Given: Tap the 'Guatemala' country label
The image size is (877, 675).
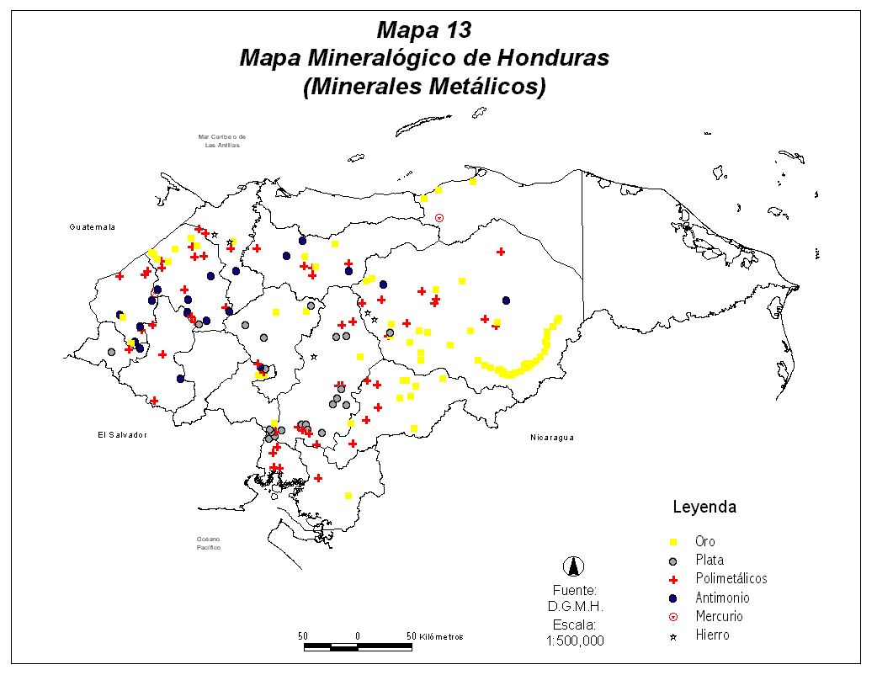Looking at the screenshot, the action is coord(92,227).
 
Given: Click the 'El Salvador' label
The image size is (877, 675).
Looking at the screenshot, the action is coord(118,435).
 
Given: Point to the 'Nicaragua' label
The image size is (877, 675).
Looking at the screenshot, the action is coord(552,438).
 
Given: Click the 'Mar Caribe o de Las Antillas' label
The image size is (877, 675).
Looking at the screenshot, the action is coord(222,141).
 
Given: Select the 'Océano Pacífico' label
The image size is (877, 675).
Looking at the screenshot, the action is coord(208,543).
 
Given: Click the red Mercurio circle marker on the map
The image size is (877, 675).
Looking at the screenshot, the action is coord(438,218).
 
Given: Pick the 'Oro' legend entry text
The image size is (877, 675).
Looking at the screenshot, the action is coord(705,541).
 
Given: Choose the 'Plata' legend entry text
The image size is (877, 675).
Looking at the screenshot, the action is coord(710,560).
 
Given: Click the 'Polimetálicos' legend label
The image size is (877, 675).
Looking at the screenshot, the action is coord(731,578).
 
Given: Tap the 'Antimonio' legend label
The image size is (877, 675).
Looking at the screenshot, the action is coord(722,598).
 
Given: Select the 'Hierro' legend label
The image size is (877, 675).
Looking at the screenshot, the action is coord(712,635).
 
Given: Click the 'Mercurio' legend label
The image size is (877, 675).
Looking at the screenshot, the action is coord(719,616).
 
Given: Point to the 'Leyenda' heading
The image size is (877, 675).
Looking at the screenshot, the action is coord(704,508).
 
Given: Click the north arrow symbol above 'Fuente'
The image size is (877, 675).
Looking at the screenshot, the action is coord(576,566).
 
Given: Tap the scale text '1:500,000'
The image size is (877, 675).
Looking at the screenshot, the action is coord(576,640).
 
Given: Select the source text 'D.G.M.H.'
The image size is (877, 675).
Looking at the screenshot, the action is coord(576,606).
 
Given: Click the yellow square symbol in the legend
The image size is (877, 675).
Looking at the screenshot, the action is coord(672,541).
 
